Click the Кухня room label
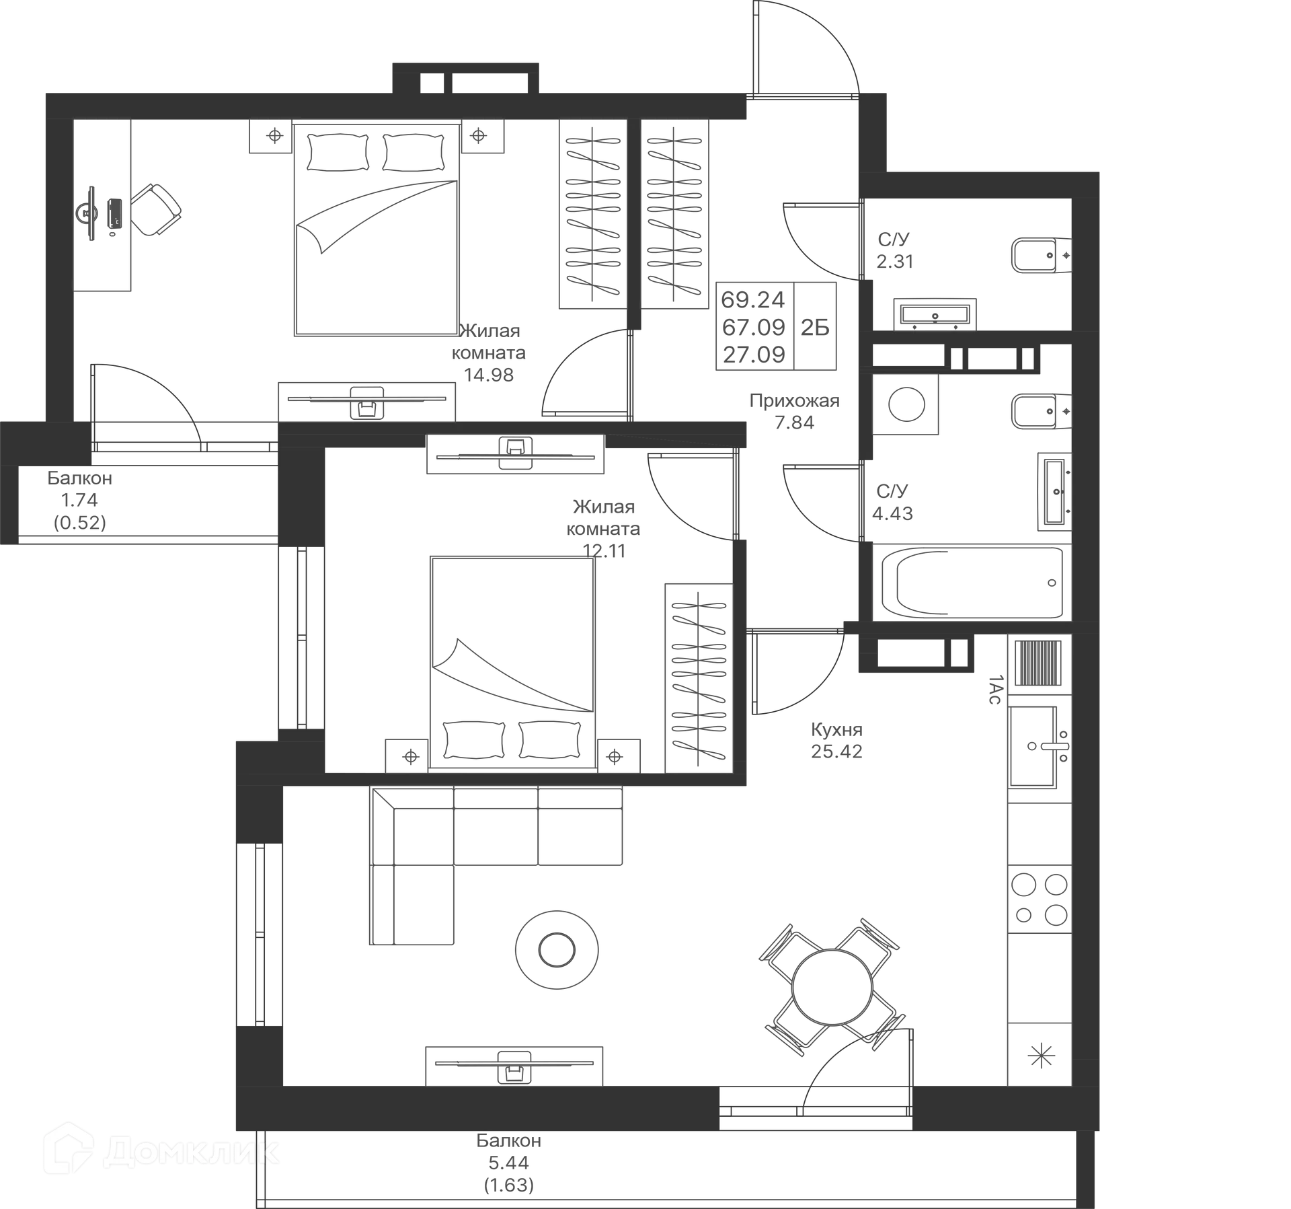click(x=836, y=729)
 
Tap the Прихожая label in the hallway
click(x=794, y=401)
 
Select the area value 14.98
click(x=489, y=375)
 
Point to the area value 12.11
click(x=604, y=551)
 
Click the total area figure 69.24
click(x=754, y=299)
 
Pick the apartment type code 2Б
click(x=815, y=328)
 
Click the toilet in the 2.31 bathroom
click(x=1041, y=255)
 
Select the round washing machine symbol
click(x=906, y=404)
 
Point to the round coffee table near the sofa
click(x=557, y=950)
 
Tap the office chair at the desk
click(x=155, y=210)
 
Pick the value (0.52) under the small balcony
click(x=80, y=523)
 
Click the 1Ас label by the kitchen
click(x=994, y=690)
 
